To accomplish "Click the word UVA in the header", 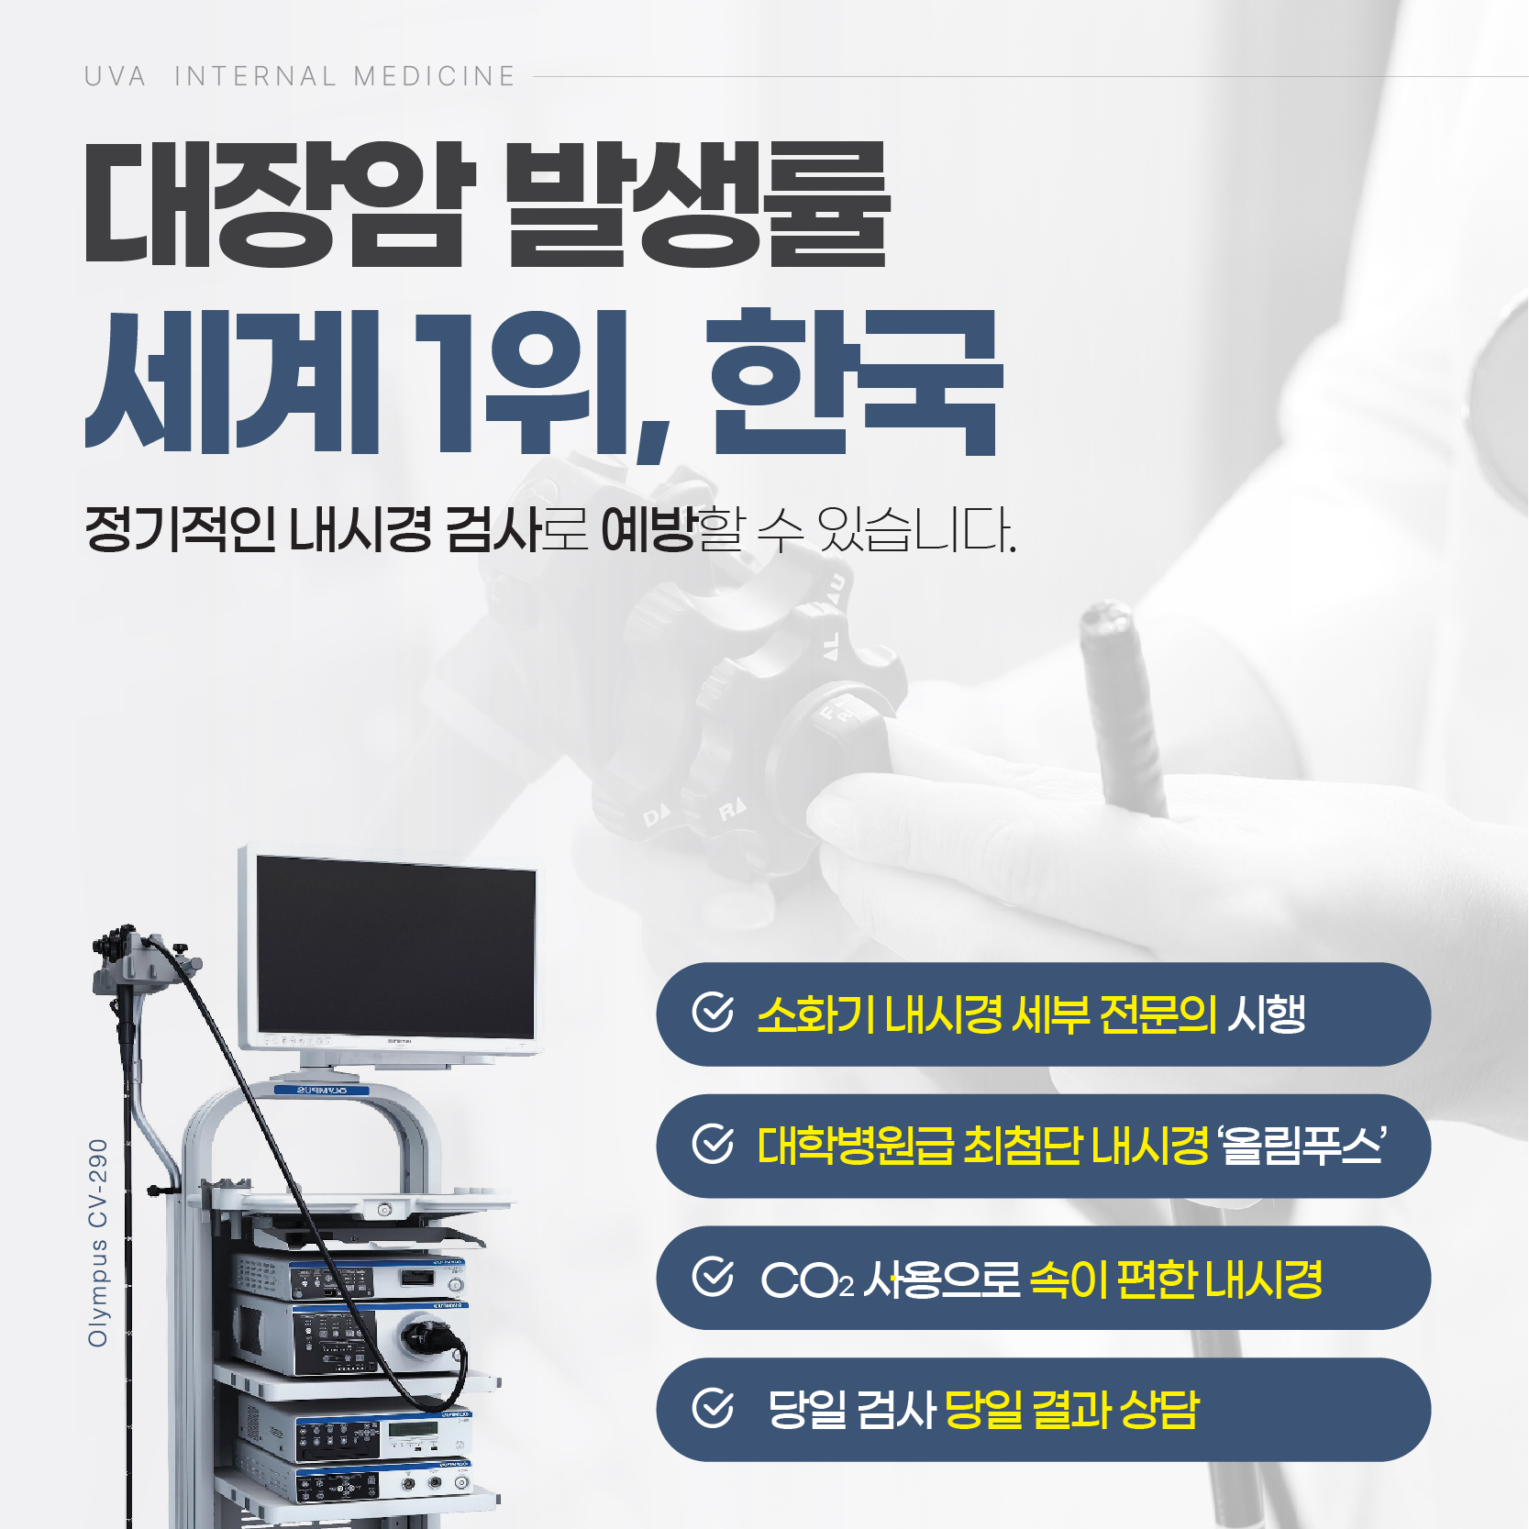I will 115,76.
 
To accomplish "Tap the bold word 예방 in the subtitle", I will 648,529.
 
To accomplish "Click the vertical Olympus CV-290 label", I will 97,1243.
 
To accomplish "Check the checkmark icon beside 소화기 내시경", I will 713,1013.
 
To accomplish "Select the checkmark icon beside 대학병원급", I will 713,1145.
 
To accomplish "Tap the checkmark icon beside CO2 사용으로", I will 713,1277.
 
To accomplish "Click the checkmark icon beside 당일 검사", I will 713,1409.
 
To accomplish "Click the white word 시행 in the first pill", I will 1266,1014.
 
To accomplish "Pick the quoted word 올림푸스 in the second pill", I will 1301,1146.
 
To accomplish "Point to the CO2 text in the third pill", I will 806,1280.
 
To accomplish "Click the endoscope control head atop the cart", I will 138,958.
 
